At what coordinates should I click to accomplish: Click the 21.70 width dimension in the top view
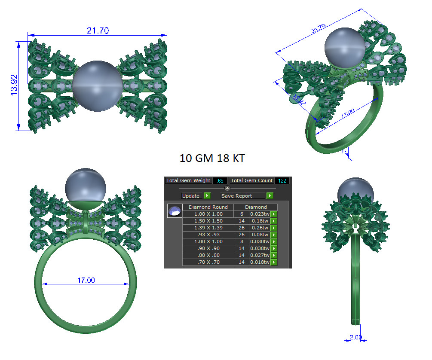[x=98, y=31]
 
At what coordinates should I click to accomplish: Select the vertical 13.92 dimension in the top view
[x=14, y=85]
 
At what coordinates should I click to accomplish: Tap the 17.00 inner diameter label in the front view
[x=86, y=280]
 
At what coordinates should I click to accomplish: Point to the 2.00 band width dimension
[x=356, y=337]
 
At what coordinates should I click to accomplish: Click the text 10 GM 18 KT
[x=212, y=158]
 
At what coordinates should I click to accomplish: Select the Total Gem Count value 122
[x=282, y=181]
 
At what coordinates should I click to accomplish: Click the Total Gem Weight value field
[x=220, y=181]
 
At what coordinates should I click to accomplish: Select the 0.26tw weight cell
[x=260, y=228]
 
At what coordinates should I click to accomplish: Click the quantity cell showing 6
[x=241, y=214]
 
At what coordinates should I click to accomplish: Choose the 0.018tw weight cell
[x=260, y=262]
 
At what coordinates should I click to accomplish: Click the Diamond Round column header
[x=208, y=207]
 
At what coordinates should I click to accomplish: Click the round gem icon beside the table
[x=175, y=211]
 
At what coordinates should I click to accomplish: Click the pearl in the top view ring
[x=95, y=86]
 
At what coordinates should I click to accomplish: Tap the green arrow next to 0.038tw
[x=274, y=248]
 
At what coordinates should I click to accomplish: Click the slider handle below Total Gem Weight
[x=227, y=188]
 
